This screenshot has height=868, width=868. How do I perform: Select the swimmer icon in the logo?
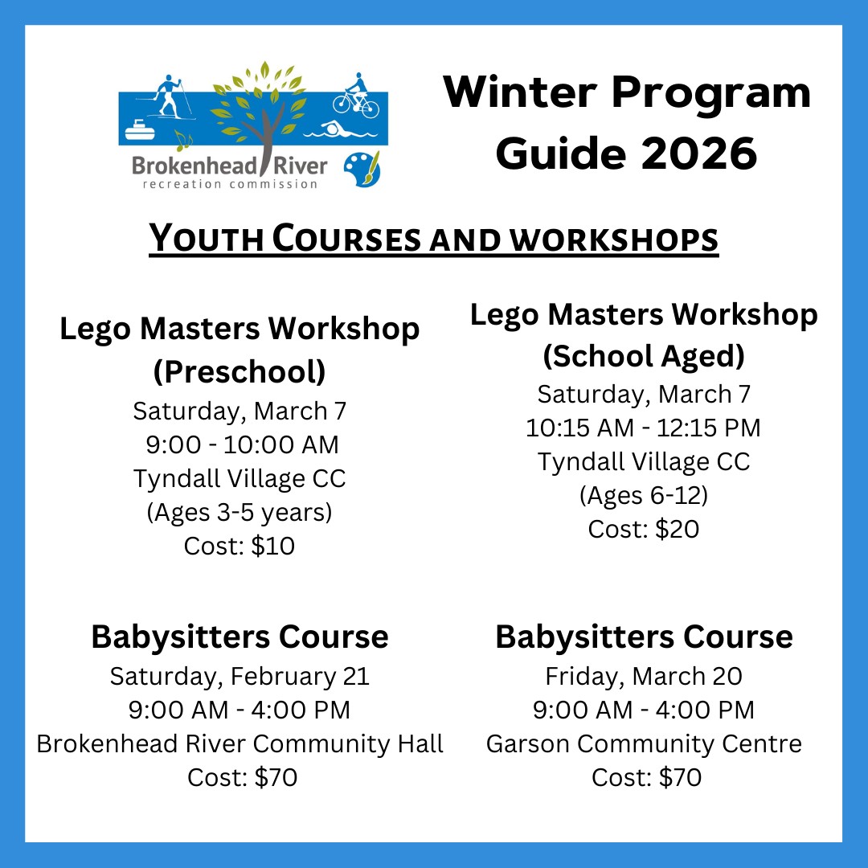coord(341,130)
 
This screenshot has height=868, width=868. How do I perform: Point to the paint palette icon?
coord(362,169)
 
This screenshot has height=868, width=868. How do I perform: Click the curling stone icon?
coord(139,129)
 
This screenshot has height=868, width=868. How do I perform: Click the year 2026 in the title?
coord(699,154)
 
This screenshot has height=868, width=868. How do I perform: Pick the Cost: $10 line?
coord(240,546)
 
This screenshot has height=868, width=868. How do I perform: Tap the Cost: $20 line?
coord(643,529)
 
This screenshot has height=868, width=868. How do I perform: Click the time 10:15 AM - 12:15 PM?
coord(643,428)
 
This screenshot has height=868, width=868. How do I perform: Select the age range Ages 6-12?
coord(643,496)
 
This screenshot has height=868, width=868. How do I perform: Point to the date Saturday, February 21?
coord(240,677)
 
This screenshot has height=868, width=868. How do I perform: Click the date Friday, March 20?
coord(643,677)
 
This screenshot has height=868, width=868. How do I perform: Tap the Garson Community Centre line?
coord(644,744)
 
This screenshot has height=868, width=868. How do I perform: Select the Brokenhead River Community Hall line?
coord(240,744)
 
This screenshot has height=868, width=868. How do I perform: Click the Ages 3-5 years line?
coord(240,513)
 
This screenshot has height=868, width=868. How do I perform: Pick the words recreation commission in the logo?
coord(230,184)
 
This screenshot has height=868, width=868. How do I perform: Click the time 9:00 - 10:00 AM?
coord(242,444)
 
